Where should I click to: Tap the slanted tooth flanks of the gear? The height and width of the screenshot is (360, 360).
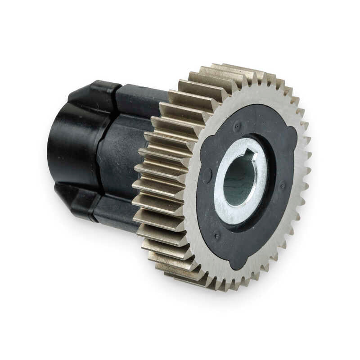click(x=162, y=180)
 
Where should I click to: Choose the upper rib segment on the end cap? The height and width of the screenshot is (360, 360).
click(x=92, y=92)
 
